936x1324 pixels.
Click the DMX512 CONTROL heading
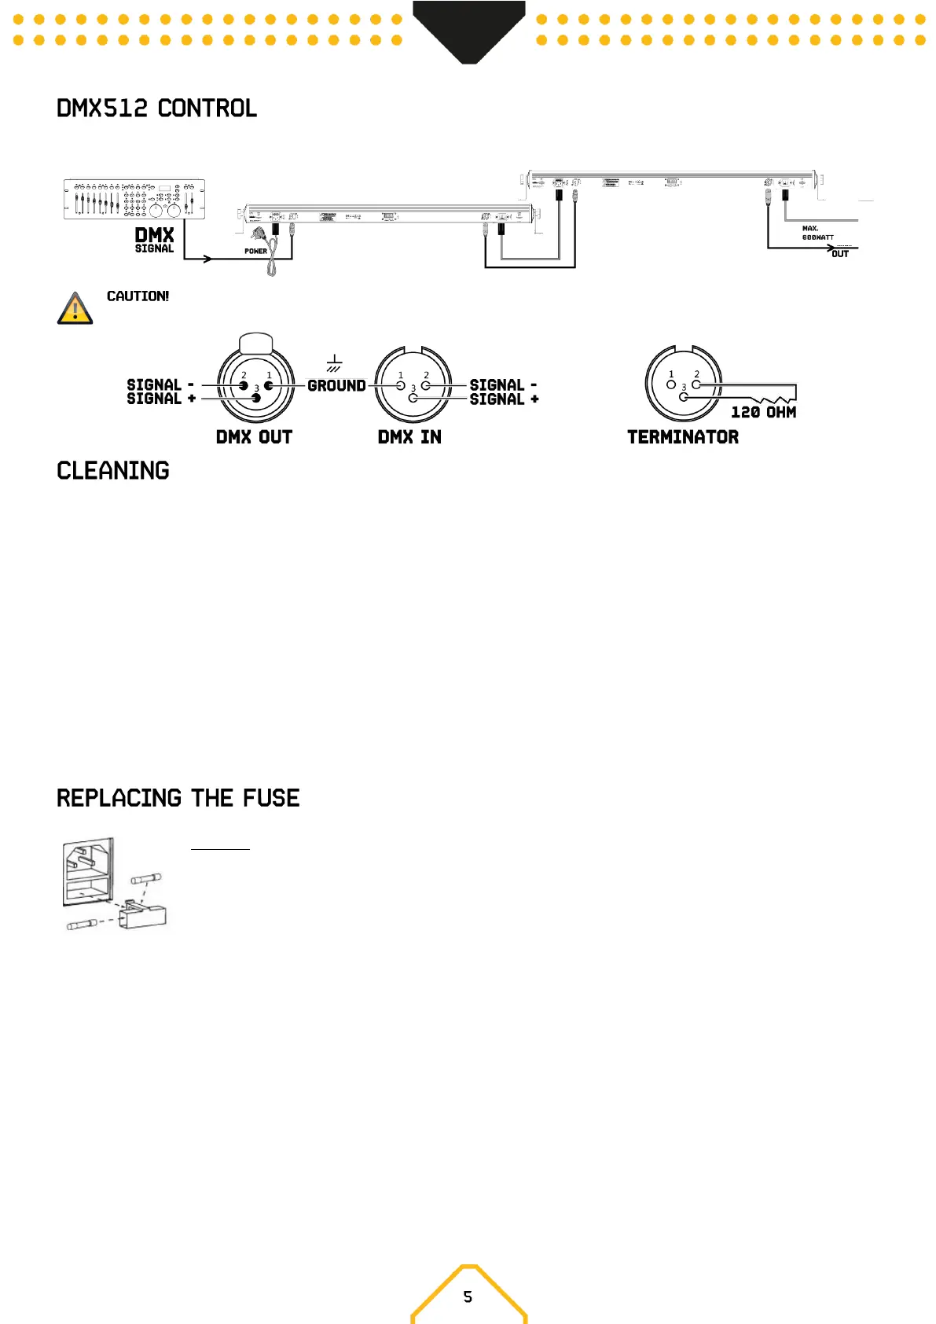[x=156, y=108]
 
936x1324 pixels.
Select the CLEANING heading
[x=113, y=471]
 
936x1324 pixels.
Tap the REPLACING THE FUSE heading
[x=178, y=798]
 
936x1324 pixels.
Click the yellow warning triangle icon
[x=75, y=309]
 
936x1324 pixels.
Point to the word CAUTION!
[x=138, y=296]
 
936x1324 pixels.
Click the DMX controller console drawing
[x=134, y=198]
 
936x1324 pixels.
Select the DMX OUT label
[x=254, y=437]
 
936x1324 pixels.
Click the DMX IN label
[x=409, y=437]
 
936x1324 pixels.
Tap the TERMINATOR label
[x=683, y=437]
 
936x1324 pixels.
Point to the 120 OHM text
[x=763, y=412]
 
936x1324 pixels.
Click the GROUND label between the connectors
[x=336, y=386]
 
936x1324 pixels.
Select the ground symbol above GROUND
[x=334, y=363]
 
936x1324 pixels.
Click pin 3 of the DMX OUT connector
[x=255, y=398]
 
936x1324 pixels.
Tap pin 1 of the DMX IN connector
[x=401, y=385]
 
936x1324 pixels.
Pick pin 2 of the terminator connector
[x=696, y=384]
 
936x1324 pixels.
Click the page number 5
[x=468, y=1296]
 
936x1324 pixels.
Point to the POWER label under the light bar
[x=255, y=252]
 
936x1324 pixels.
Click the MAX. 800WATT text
[x=817, y=233]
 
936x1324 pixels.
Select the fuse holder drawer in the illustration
[x=144, y=915]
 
